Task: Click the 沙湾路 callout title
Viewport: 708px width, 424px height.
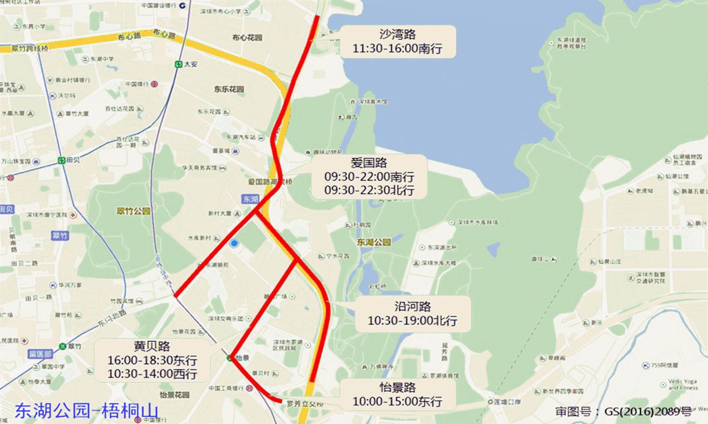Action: [397, 35]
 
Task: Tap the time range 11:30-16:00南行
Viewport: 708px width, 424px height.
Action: [397, 48]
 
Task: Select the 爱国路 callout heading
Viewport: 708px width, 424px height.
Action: [369, 163]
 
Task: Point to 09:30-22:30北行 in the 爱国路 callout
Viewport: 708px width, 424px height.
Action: [369, 190]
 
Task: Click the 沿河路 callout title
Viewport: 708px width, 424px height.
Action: [413, 307]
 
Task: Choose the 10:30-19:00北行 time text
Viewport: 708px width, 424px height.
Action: [413, 320]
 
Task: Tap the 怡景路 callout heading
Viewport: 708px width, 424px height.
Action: [397, 388]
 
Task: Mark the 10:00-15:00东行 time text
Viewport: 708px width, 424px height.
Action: [397, 401]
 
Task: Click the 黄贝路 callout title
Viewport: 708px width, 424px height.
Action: [152, 346]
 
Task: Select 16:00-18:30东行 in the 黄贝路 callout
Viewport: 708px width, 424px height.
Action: [152, 360]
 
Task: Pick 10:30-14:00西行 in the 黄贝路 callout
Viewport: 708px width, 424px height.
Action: [152, 373]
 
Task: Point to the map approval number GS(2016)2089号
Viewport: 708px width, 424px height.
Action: [623, 411]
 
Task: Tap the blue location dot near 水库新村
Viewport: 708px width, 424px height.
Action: [234, 243]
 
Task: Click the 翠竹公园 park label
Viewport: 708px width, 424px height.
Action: [133, 211]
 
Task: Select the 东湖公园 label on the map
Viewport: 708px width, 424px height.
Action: [374, 242]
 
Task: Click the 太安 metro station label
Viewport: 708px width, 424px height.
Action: [191, 64]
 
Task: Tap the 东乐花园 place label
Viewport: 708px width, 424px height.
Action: [229, 89]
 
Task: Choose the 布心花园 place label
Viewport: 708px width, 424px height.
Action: [247, 37]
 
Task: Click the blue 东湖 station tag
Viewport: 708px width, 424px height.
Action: [251, 199]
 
